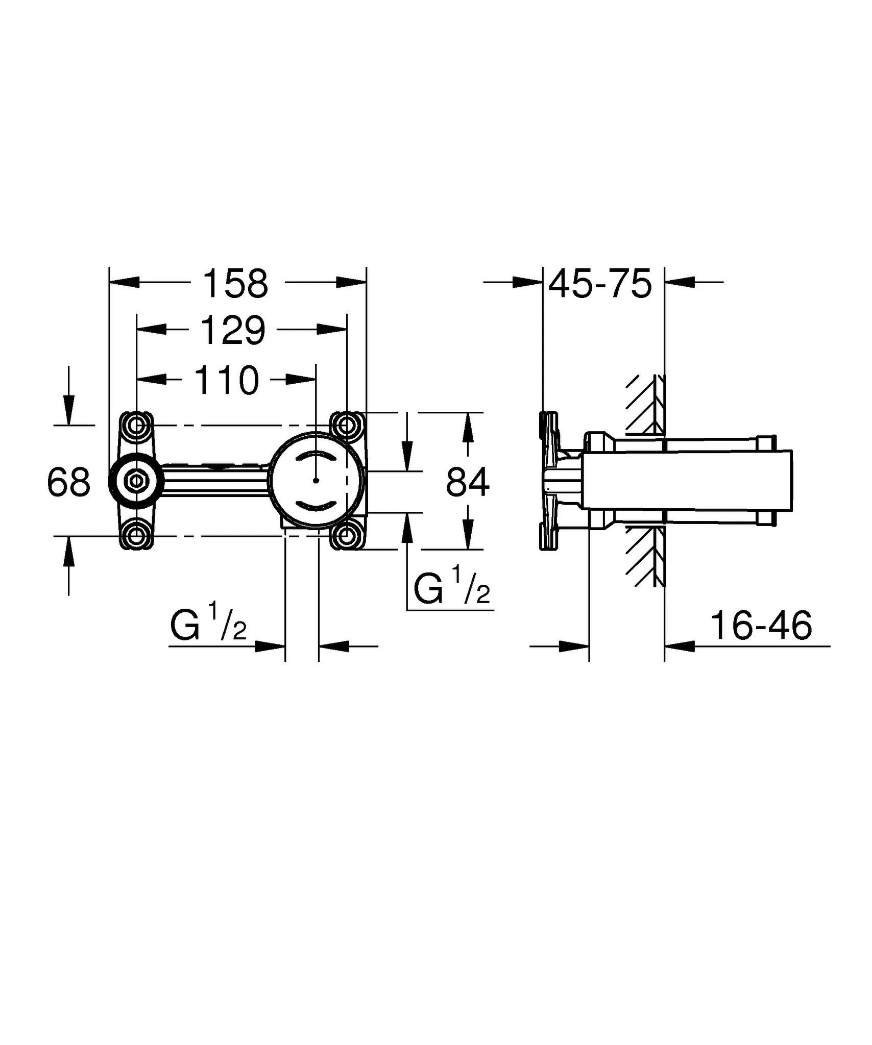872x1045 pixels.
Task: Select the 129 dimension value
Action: coord(233,331)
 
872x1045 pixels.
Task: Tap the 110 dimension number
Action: coord(227,380)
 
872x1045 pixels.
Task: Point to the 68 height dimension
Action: coord(68,482)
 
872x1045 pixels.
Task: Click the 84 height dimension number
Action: coord(467,482)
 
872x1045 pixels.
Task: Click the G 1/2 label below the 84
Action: coord(451,590)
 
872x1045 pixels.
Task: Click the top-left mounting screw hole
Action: coord(136,425)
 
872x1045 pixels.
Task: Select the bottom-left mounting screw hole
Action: coord(136,536)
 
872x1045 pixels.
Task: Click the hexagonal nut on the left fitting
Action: coord(136,481)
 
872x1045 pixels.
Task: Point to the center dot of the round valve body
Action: coord(316,481)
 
